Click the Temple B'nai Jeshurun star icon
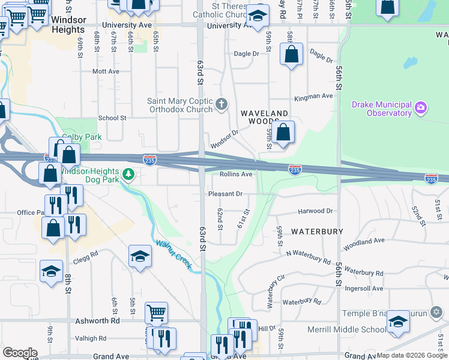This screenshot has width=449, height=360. (x=437, y=313)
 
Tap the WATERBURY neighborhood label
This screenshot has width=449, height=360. (x=317, y=231)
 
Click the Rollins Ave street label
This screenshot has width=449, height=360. (x=235, y=174)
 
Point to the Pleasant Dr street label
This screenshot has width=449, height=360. (x=225, y=194)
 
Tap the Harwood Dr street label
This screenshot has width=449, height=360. (x=315, y=211)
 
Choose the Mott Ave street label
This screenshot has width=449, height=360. (x=106, y=71)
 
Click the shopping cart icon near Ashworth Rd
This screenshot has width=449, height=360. (x=156, y=312)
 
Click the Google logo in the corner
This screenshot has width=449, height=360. (x=20, y=353)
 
